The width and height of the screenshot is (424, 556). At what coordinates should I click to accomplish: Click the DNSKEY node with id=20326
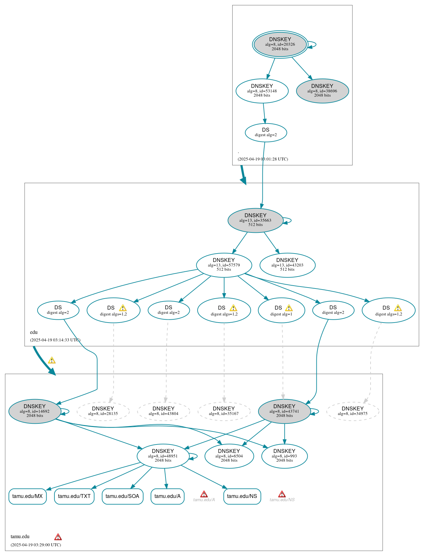tap(280, 44)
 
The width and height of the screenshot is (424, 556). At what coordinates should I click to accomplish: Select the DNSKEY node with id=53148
tap(262, 91)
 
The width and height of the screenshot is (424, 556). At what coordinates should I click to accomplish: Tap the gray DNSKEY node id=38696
tap(322, 91)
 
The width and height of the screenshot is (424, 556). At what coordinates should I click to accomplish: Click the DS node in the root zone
tap(266, 133)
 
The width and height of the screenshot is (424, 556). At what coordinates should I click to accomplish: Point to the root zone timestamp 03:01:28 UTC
tap(262, 159)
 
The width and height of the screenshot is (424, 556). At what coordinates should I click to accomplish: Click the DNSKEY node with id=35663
tap(255, 220)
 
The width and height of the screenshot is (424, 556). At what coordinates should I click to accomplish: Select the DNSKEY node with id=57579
tap(224, 265)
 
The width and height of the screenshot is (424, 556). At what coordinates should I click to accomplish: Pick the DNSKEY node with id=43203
tap(287, 265)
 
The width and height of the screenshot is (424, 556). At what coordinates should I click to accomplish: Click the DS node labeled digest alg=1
tap(281, 310)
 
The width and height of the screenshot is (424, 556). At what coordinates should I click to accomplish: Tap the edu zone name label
tap(34, 332)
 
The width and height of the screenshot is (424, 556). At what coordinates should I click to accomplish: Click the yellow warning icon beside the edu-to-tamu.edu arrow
tap(52, 360)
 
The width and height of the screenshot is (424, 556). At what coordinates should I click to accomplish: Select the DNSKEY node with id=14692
tap(35, 411)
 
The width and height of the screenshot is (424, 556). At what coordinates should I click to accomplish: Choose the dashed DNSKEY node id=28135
tap(103, 411)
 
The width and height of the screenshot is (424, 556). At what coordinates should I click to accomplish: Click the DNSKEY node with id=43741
tap(284, 411)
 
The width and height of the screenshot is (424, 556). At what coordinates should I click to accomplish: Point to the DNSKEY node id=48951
tap(163, 456)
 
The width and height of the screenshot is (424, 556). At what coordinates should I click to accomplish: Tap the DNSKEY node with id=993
tap(284, 456)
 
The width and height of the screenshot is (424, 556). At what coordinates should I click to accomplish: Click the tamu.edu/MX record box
tap(28, 496)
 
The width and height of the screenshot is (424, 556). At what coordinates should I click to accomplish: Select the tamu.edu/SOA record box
tap(122, 496)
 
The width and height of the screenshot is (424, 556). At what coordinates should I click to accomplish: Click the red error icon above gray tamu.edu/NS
tap(282, 494)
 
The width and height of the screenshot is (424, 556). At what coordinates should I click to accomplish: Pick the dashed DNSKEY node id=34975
tap(352, 411)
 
